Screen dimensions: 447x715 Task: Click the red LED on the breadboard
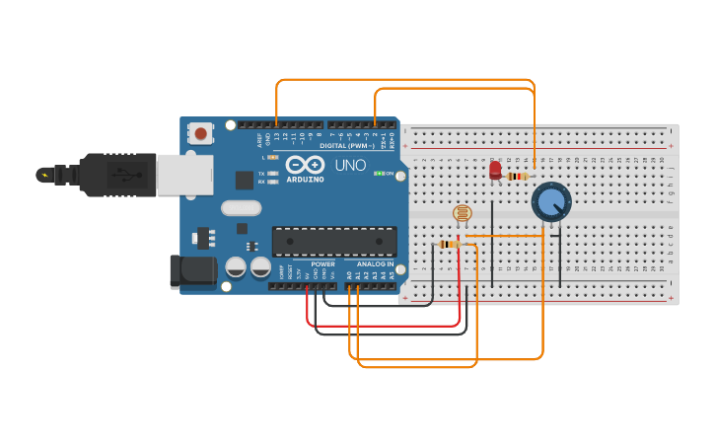coord(495,171)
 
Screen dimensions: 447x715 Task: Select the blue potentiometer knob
coord(550,202)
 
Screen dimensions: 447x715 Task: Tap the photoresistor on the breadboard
coord(462,212)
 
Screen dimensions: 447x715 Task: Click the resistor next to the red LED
coord(517,177)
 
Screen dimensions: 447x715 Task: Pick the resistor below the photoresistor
coord(449,244)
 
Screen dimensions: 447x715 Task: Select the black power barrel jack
coord(192,271)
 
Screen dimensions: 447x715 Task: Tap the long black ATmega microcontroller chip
coord(334,242)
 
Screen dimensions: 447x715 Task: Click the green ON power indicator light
coord(380,174)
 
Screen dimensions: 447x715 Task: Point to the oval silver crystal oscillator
coord(241,208)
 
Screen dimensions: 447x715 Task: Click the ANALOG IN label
coord(375,264)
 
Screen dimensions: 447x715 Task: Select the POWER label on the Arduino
coord(322,264)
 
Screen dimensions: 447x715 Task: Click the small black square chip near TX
coord(245,180)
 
